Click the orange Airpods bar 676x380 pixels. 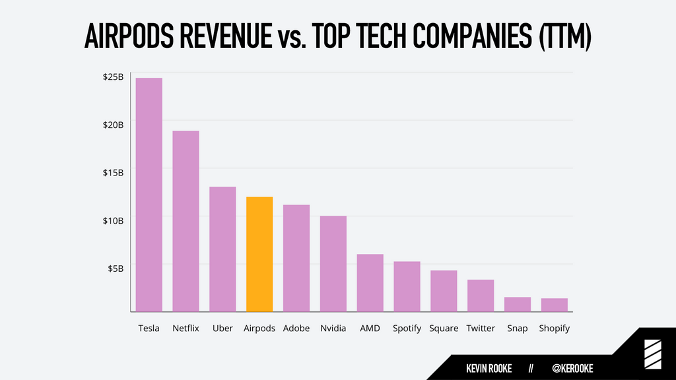coord(259,254)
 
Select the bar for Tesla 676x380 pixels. coord(149,195)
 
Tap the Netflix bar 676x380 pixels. coord(186,221)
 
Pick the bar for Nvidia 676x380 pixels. coord(333,264)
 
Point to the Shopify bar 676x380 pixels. coord(555,305)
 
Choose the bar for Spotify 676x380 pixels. coord(407,286)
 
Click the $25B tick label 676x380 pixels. coord(113,77)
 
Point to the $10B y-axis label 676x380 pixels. coord(113,220)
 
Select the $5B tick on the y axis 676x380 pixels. coord(116,269)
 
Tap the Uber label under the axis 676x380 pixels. coord(222,329)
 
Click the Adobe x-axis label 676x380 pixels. coord(296,329)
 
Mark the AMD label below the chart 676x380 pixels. coord(370,329)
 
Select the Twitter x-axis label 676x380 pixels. coord(481,329)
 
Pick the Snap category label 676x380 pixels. coord(518,329)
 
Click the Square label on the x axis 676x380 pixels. coord(444,329)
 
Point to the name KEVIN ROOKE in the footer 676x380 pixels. coord(489,368)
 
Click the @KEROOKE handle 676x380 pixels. coord(572,368)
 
